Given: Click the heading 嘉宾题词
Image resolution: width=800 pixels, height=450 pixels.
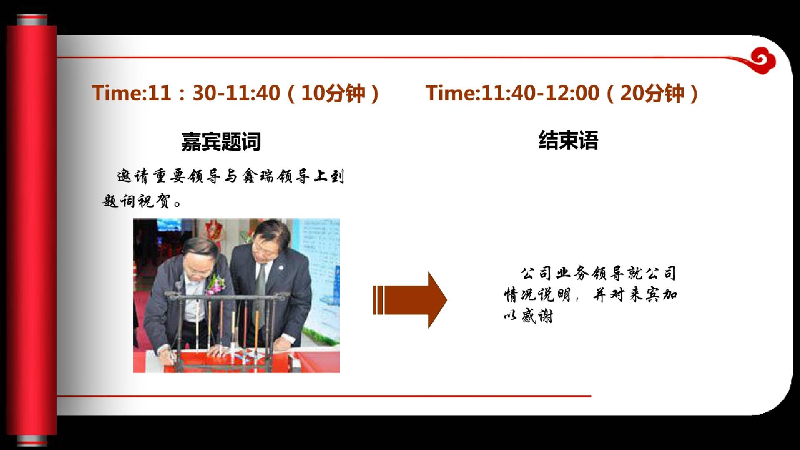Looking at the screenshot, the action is click(x=221, y=142).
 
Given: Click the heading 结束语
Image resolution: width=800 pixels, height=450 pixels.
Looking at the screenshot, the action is click(x=568, y=140).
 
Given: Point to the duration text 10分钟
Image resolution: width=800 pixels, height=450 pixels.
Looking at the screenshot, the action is click(x=333, y=93).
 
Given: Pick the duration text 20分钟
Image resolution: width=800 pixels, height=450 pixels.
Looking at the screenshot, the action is click(x=652, y=93).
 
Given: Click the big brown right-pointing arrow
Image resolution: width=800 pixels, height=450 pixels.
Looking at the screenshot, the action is click(x=410, y=300).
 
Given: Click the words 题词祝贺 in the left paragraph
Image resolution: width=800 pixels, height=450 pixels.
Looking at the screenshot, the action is click(x=137, y=201).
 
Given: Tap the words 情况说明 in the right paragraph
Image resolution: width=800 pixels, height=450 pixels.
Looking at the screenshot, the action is click(x=537, y=295).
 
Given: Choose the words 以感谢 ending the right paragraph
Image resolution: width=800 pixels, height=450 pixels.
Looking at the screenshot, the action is click(x=528, y=316).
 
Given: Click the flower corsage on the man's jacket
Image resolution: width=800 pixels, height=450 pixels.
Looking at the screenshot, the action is click(x=216, y=283).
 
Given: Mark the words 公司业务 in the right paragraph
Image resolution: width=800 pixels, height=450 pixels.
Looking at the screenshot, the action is click(x=555, y=273).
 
